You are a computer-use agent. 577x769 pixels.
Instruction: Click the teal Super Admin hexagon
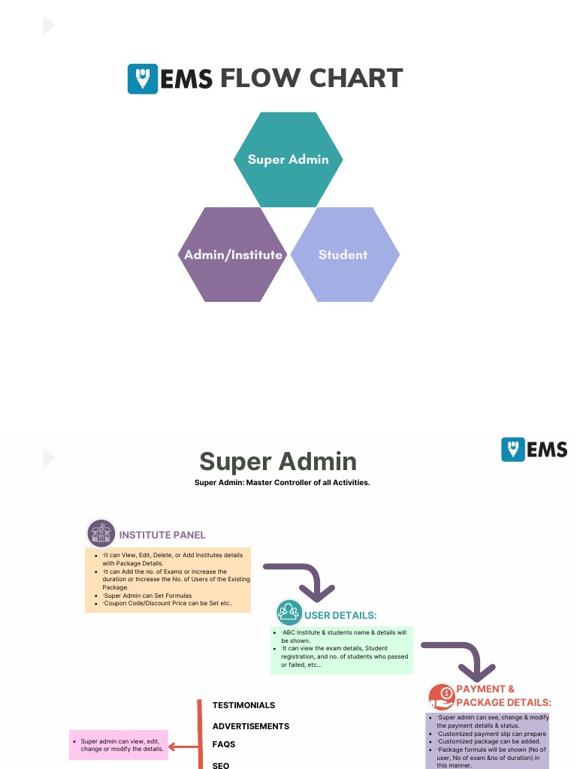click(288, 159)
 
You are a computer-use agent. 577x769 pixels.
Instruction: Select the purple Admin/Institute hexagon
click(234, 255)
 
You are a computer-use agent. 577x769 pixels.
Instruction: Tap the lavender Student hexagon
click(343, 255)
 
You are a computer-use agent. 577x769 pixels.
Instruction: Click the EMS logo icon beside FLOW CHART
click(143, 79)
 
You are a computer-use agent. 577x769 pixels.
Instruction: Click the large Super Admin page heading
click(277, 461)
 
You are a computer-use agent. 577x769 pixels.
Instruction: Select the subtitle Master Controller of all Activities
click(282, 482)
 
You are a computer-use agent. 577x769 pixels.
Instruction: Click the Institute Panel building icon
click(101, 534)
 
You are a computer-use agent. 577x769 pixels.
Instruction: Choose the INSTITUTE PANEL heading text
click(162, 535)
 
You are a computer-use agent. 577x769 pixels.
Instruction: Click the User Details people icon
click(288, 612)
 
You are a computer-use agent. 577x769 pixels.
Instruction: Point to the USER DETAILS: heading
click(340, 616)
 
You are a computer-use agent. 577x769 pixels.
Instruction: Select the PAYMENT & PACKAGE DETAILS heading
click(503, 695)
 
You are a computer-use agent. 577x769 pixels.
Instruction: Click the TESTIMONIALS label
click(243, 705)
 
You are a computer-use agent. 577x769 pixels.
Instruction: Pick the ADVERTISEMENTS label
click(250, 726)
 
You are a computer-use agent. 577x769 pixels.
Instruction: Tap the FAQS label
click(224, 744)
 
